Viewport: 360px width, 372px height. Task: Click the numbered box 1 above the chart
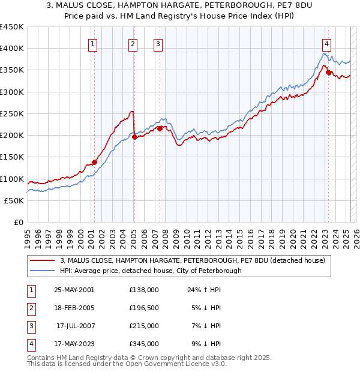[x=94, y=43]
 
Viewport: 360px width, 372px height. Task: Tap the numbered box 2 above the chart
[x=133, y=43]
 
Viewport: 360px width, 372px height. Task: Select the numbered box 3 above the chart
[x=157, y=43]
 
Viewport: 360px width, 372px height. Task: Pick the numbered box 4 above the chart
[x=326, y=43]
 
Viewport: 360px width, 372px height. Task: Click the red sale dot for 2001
[x=94, y=162]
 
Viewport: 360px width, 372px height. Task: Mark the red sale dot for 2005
[x=134, y=137]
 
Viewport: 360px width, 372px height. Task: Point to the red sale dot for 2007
[x=160, y=128]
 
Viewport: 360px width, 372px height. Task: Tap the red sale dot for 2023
[x=328, y=72]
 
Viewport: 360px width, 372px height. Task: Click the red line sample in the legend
[x=43, y=261]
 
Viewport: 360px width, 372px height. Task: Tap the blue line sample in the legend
[x=43, y=271]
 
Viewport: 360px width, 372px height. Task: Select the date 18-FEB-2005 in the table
[x=74, y=308]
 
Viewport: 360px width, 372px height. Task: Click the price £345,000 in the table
[x=144, y=344]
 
